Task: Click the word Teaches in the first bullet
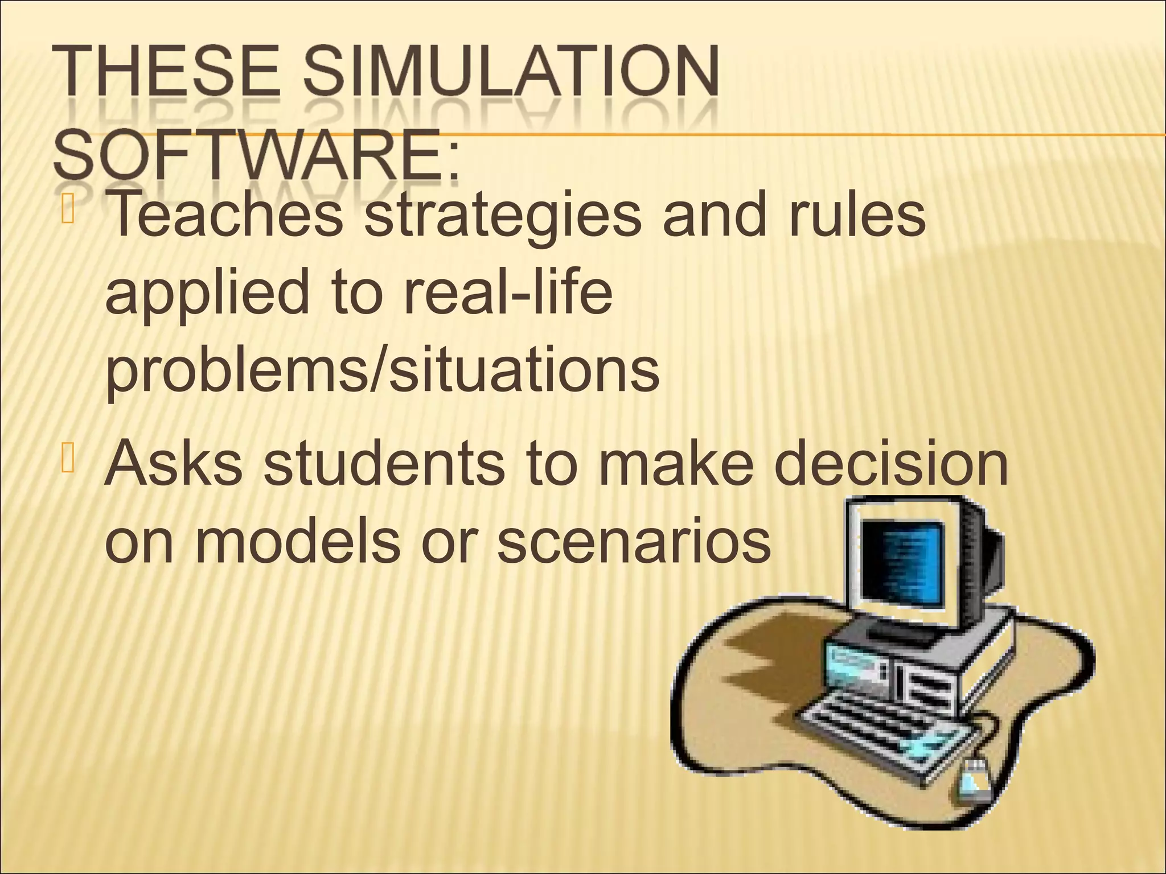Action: coord(226,216)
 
